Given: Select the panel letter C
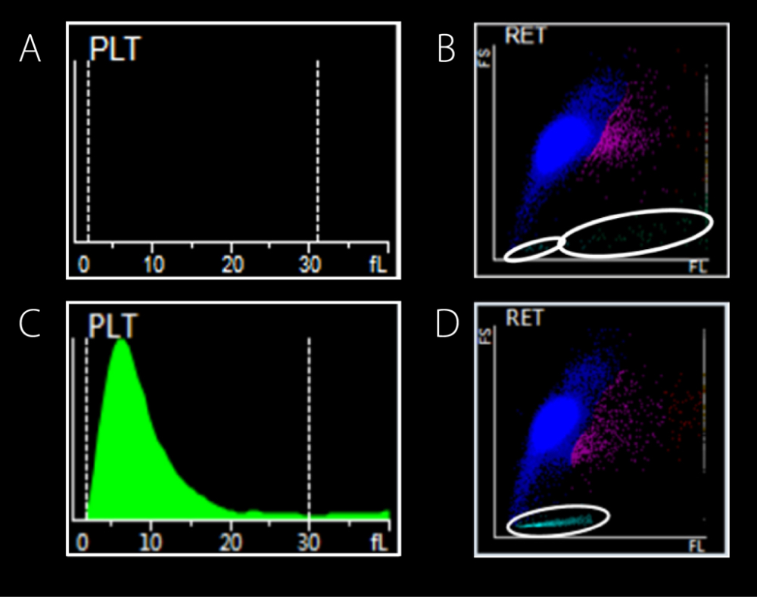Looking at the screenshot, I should [30, 323].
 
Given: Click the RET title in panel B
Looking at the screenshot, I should [525, 36].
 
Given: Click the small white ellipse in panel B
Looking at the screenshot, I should [534, 250].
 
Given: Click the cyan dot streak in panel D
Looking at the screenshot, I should [556, 521].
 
